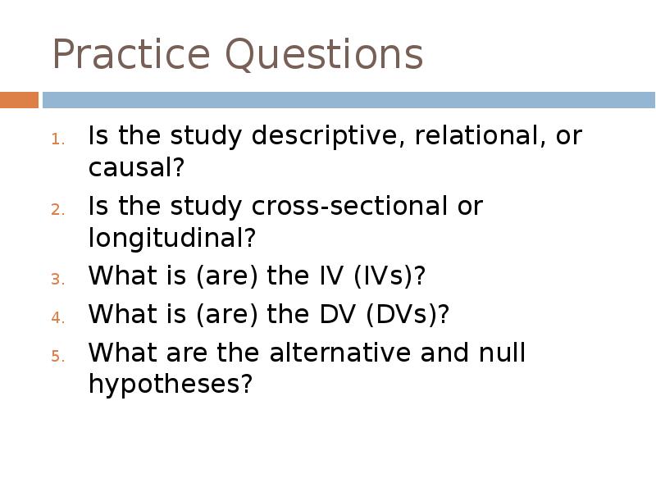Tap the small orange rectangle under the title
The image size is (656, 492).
(19, 100)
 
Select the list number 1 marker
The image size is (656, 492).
(57, 139)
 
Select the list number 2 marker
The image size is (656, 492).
(57, 209)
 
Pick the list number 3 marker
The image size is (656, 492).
(57, 279)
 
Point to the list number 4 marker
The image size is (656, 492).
(57, 317)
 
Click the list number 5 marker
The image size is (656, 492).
(57, 356)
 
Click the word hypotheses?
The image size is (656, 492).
(170, 385)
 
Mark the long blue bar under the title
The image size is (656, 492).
(348, 100)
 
